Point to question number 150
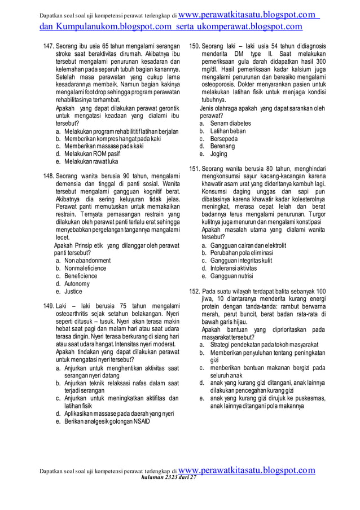(x=194, y=45)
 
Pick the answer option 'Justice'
(x=73, y=292)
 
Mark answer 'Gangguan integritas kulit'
(x=241, y=261)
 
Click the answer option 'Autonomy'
(x=77, y=284)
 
